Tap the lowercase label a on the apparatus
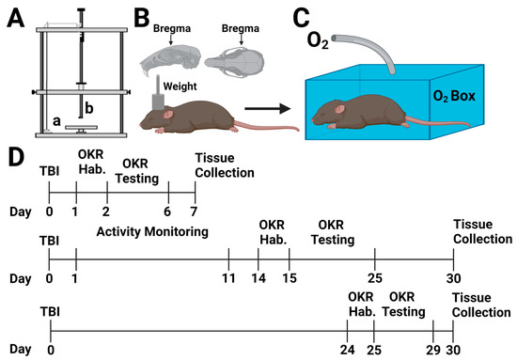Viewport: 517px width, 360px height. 58,120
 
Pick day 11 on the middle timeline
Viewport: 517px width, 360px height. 228,279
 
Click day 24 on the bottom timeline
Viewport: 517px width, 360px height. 347,349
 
